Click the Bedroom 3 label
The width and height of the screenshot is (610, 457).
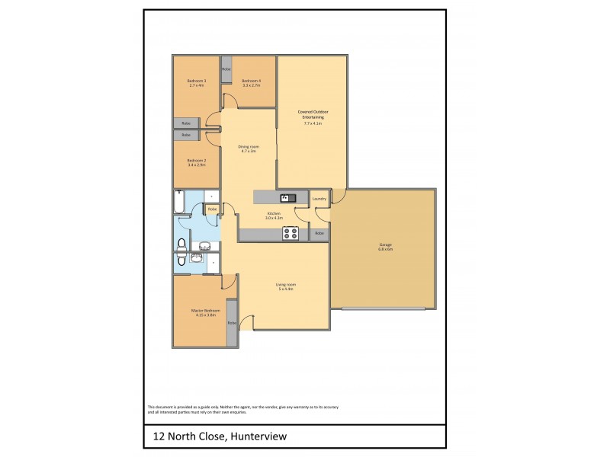pyautogui.click(x=196, y=81)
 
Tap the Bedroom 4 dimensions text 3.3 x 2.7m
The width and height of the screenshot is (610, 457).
pyautogui.click(x=252, y=85)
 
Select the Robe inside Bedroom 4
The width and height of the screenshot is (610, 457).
pyautogui.click(x=226, y=69)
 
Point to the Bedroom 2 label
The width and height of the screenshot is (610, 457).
pyautogui.click(x=196, y=160)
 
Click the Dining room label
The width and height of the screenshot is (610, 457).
pyautogui.click(x=248, y=147)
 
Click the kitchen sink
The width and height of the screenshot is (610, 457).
pyautogui.click(x=284, y=198)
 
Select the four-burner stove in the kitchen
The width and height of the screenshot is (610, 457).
pyautogui.click(x=290, y=234)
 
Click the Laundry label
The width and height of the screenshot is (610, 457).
pyautogui.click(x=319, y=200)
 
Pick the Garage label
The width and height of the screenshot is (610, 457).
pyautogui.click(x=385, y=244)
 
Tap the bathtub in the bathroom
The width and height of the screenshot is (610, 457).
pyautogui.click(x=179, y=203)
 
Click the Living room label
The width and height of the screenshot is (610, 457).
pyautogui.click(x=285, y=285)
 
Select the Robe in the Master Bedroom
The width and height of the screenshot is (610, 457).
pyautogui.click(x=232, y=322)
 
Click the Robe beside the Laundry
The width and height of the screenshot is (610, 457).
pyautogui.click(x=319, y=233)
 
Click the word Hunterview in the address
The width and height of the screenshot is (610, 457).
pyautogui.click(x=259, y=436)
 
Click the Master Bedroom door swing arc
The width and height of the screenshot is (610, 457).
pyautogui.click(x=226, y=282)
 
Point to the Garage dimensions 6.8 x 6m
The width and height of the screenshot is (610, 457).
pyautogui.click(x=385, y=249)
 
